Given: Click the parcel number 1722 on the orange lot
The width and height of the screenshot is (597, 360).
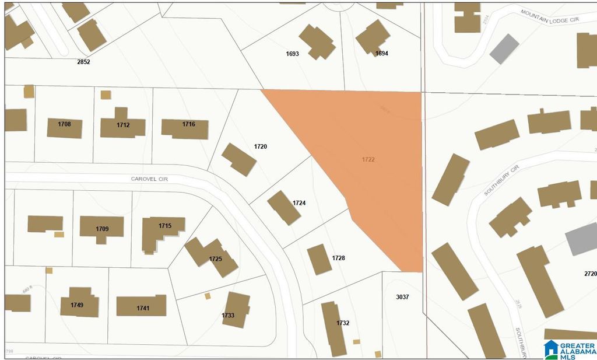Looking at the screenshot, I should [367, 159].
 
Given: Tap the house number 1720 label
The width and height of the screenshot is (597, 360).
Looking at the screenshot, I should [260, 146].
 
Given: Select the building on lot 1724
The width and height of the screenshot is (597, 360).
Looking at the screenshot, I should [284, 208].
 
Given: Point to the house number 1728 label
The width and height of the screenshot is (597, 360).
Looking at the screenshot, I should [338, 257].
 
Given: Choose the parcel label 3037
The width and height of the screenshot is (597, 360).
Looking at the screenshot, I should [402, 297].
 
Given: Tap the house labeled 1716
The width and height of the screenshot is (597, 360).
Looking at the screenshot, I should [185, 129].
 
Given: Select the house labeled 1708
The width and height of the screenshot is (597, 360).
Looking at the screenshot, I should [64, 128].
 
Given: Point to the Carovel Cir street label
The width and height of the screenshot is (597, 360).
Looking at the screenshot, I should [149, 179].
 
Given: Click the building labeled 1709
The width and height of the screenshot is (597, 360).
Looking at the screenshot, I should [102, 228].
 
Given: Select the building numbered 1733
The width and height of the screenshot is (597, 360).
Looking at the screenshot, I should [236, 310].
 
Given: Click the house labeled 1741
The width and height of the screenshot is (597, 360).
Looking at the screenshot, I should [141, 306].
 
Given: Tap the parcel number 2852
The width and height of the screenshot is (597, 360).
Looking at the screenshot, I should [83, 61].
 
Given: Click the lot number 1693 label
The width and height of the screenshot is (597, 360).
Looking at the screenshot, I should [292, 54].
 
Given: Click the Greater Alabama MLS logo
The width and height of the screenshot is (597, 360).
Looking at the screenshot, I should [569, 349].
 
